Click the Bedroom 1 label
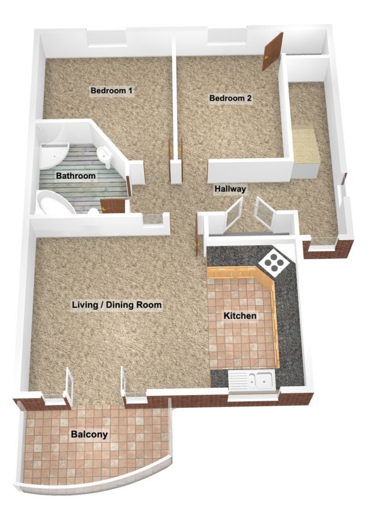pyautogui.click(x=111, y=90)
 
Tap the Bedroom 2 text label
pyautogui.click(x=230, y=98)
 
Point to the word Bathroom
pyautogui.click(x=76, y=176)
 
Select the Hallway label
pyautogui.click(x=230, y=189)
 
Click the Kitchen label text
pyautogui.click(x=240, y=316)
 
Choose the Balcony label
pyautogui.click(x=89, y=434)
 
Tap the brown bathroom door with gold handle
pyautogui.click(x=113, y=206)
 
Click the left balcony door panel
pyautogui.click(x=70, y=386)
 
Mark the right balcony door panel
pyautogui.click(x=123, y=384)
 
